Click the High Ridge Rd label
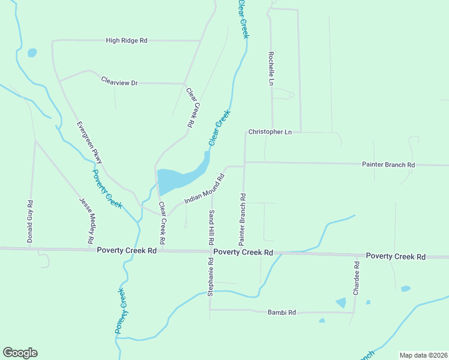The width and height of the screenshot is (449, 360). (x=126, y=40)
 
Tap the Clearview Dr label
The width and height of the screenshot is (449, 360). (x=119, y=82)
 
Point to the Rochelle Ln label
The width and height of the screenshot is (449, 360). (x=271, y=67)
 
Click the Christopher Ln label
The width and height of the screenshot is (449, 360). (x=270, y=131)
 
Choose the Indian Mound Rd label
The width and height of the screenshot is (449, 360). (x=204, y=188)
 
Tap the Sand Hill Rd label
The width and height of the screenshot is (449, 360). (x=212, y=228)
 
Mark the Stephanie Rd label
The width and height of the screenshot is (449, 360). (x=211, y=277)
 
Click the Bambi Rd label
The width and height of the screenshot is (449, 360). (x=282, y=312)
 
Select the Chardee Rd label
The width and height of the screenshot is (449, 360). (x=357, y=278)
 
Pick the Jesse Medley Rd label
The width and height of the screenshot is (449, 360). (x=88, y=220)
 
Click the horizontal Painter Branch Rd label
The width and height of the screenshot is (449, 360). (x=388, y=164)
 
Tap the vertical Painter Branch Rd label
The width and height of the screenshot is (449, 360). (x=243, y=219)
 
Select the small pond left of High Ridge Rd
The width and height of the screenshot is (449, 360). (x=32, y=53)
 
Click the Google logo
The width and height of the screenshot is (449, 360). (x=20, y=352)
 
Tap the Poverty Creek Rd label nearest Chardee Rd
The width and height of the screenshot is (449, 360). (x=396, y=256)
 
